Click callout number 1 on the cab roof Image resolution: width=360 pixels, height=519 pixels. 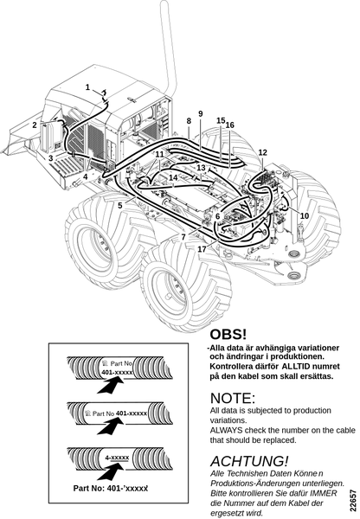pos(87,87)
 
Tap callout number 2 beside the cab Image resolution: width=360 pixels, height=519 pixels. pos(35,125)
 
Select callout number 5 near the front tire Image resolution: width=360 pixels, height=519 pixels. pos(120,206)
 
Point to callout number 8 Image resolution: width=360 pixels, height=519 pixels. pos(189,121)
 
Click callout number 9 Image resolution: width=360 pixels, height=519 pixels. pos(201,113)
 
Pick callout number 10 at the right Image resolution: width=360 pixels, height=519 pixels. pos(305,215)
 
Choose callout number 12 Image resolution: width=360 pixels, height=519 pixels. pos(262,152)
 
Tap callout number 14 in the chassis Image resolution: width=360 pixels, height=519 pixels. pos(173,177)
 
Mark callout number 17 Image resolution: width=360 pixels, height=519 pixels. pos(202,249)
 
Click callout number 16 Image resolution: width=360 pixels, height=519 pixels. pos(230,125)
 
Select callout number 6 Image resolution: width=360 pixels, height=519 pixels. pos(217,216)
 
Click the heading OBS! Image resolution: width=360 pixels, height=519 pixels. pos(228,334)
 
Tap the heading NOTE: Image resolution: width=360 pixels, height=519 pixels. pos(233,398)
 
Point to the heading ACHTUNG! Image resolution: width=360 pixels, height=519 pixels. pos(249,461)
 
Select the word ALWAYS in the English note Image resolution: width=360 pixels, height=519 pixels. pos(226,430)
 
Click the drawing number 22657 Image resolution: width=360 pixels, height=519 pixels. pos(353,500)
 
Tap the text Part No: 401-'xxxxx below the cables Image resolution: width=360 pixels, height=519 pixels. pos(110,488)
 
